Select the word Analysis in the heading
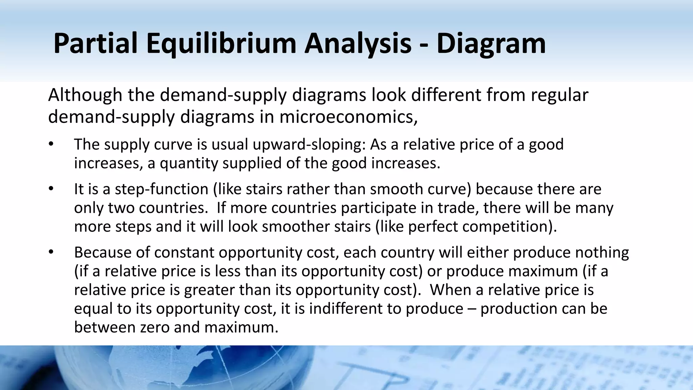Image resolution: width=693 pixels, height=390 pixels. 358,44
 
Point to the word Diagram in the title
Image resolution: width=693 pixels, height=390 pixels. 491,44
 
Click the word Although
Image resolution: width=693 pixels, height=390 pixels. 85,95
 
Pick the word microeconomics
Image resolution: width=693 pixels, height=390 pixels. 346,117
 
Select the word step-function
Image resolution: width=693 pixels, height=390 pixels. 161,189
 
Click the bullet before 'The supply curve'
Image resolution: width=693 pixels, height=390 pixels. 51,144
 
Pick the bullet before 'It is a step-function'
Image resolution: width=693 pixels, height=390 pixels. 51,189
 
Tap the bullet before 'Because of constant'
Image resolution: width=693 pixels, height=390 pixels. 51,252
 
